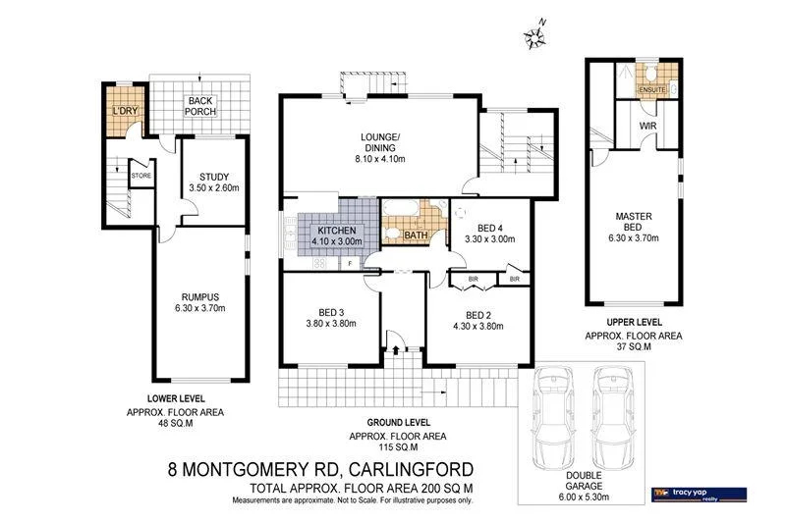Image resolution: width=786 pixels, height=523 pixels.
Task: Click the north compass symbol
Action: [x=535, y=35]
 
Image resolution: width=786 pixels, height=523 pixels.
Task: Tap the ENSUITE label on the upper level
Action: [x=653, y=89]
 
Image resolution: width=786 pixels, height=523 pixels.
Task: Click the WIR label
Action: [x=648, y=127]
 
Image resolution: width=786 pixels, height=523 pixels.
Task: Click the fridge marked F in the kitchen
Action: [x=351, y=263]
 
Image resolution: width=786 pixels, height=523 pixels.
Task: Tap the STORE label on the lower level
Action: [x=141, y=177]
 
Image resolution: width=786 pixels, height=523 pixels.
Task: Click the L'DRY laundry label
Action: [x=125, y=111]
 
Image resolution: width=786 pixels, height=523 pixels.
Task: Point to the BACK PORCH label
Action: [x=201, y=105]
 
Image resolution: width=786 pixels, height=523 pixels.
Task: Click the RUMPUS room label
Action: [x=198, y=297]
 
